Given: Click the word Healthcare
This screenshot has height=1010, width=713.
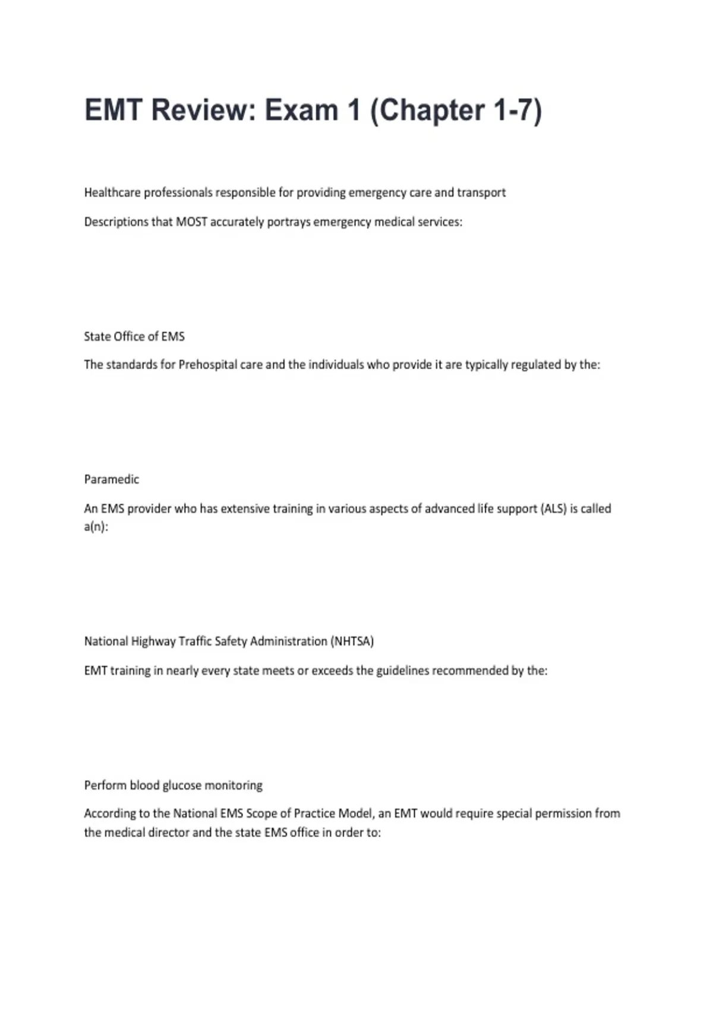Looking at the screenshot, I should (112, 192).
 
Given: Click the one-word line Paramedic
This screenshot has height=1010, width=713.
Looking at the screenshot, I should (112, 479).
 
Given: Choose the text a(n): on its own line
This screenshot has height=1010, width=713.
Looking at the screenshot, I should (96, 527).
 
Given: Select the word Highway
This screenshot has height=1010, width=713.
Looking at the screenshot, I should (153, 641).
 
